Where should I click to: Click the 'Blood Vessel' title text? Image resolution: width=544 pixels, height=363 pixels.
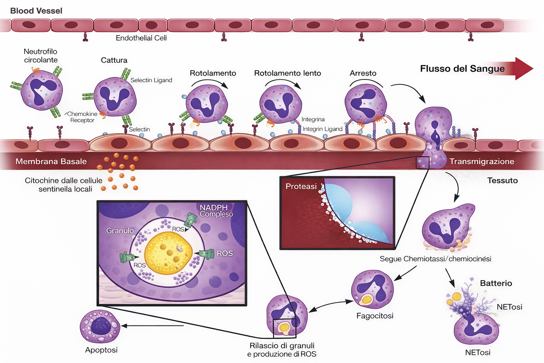pyautogui.click(x=36, y=11)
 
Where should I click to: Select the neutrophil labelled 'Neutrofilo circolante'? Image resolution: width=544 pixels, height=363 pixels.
pyautogui.click(x=42, y=90)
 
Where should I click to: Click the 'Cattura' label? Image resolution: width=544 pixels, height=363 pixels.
pyautogui.click(x=114, y=60)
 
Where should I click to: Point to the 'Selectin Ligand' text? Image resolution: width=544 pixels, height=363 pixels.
pyautogui.click(x=151, y=80)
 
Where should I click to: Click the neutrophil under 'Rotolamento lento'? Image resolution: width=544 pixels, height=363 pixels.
pyautogui.click(x=280, y=104)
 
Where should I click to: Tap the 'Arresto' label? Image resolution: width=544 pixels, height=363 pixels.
pyautogui.click(x=363, y=73)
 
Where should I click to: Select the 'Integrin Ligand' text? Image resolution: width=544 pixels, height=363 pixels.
pyautogui.click(x=322, y=129)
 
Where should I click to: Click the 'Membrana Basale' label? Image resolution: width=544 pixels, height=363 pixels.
pyautogui.click(x=51, y=162)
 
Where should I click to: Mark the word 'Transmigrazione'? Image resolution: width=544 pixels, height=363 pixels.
pyautogui.click(x=482, y=162)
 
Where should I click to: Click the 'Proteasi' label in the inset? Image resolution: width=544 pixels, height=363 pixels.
pyautogui.click(x=301, y=186)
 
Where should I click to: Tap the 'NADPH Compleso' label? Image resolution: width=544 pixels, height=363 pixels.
pyautogui.click(x=216, y=211)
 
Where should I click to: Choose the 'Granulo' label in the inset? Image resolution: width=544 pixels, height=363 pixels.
pyautogui.click(x=120, y=231)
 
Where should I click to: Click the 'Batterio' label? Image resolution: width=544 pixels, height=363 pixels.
pyautogui.click(x=496, y=283)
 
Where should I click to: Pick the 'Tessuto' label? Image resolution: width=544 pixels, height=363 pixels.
pyautogui.click(x=502, y=181)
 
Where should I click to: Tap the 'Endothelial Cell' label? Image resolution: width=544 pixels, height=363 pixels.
pyautogui.click(x=141, y=38)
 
